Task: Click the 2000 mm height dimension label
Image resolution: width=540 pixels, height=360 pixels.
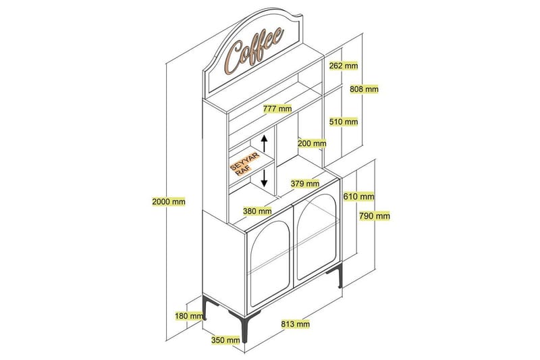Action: coord(169,201)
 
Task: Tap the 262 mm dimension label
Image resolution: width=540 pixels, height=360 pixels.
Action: coord(344,66)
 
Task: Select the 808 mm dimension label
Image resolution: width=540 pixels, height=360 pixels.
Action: coord(364,88)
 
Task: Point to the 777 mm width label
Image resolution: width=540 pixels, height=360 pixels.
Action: coord(277,108)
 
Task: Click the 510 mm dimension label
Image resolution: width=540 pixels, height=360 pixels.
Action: coord(344,122)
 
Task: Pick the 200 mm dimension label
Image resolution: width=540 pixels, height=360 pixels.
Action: coord(312,143)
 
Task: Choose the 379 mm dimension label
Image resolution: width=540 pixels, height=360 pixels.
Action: coord(306,183)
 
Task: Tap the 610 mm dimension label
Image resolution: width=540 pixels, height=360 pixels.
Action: coord(358,197)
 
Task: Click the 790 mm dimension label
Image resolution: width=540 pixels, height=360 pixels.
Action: coord(374,216)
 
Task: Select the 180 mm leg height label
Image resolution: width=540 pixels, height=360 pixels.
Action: coord(188,315)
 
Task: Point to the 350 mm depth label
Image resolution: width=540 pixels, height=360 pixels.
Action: coord(224,340)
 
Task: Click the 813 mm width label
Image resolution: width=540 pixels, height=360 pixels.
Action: coord(295,324)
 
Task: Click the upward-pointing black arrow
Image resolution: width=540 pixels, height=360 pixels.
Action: coord(265,145)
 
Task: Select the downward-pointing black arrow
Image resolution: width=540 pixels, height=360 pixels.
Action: coord(265,178)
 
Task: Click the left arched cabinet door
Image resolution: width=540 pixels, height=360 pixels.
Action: coord(268,260)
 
